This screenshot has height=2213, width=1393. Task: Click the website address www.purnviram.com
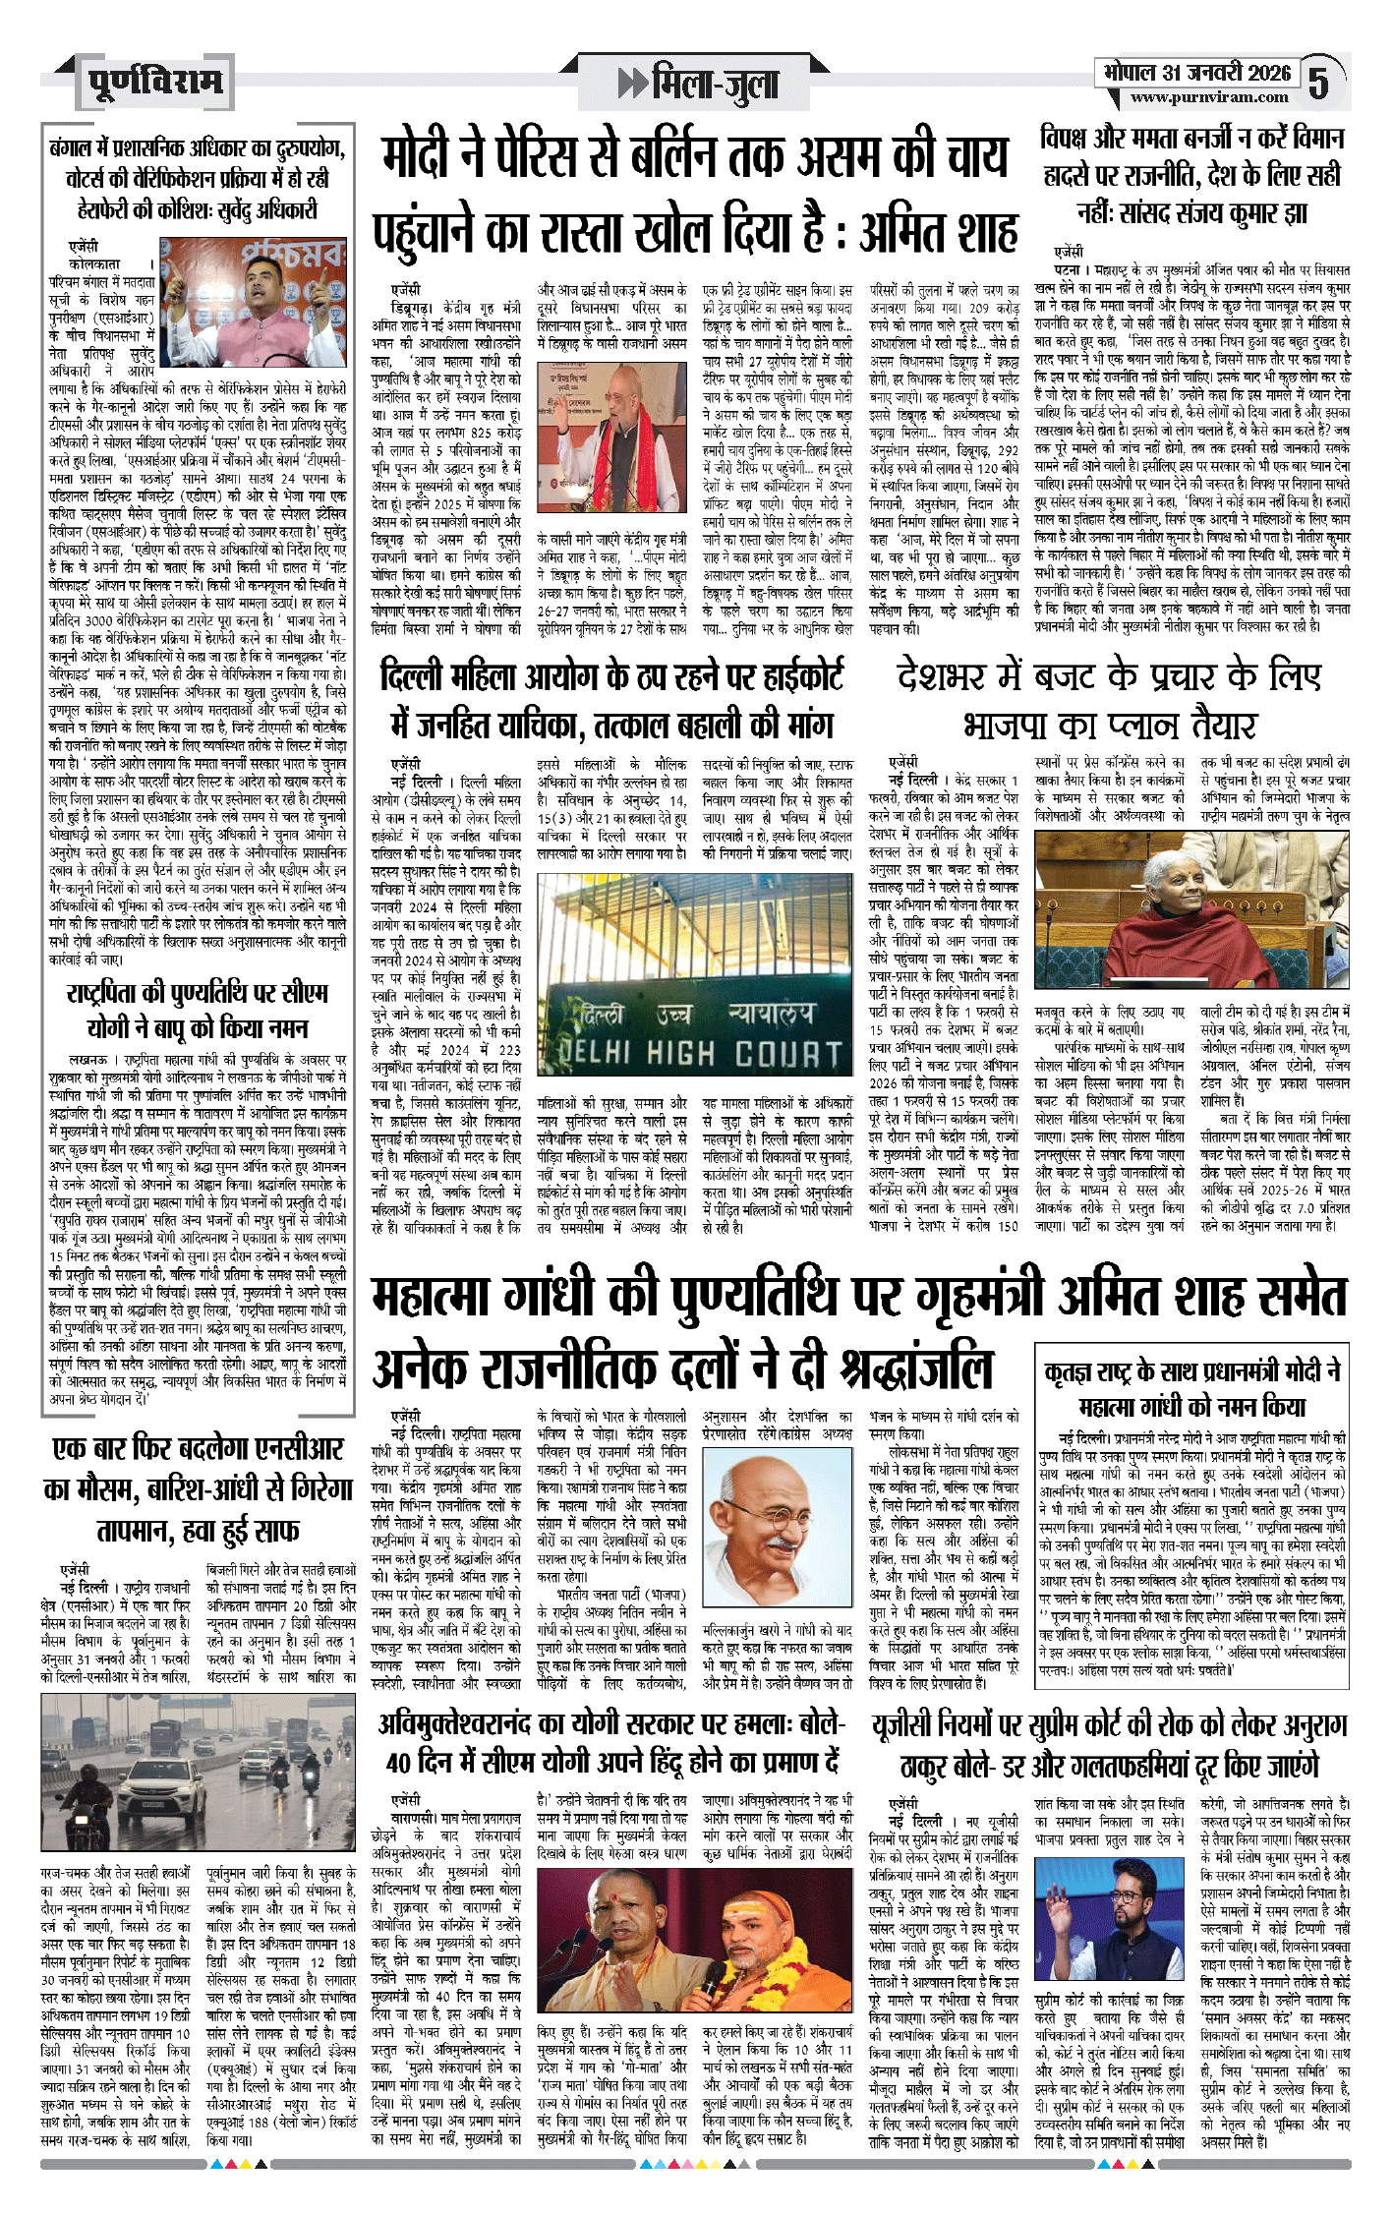1208,97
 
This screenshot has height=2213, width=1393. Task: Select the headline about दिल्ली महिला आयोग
611,701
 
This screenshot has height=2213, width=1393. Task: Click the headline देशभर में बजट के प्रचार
1109,701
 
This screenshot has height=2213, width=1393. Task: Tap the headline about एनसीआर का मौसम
198,1488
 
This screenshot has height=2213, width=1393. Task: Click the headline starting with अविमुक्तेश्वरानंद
611,1741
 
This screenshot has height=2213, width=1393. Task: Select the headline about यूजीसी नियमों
1109,1744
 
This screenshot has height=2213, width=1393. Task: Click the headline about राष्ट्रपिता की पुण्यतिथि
198,1010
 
